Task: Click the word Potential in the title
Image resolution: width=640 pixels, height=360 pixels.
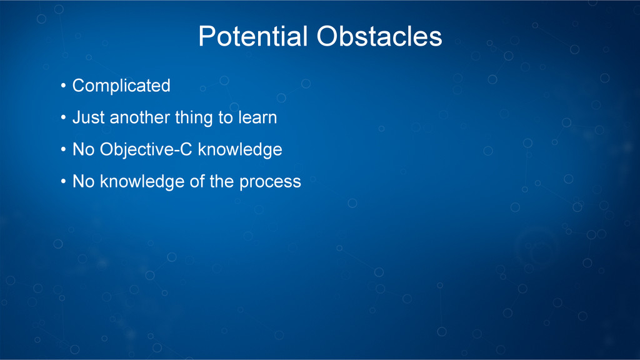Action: (x=252, y=36)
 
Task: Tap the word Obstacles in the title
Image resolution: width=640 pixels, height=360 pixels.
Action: (x=379, y=36)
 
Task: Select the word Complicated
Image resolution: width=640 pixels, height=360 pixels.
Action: (x=121, y=86)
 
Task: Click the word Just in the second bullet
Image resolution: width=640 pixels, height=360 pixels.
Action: (x=89, y=117)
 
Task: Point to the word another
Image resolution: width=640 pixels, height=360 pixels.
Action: (x=139, y=117)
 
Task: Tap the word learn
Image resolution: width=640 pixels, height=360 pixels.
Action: (x=257, y=117)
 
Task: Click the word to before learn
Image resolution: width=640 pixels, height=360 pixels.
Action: (x=226, y=118)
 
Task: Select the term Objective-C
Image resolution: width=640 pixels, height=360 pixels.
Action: (x=146, y=150)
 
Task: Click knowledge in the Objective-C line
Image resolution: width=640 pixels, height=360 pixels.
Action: (x=240, y=150)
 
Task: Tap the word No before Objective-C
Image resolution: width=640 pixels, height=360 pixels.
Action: (x=83, y=149)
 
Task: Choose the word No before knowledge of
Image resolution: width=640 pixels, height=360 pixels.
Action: (x=83, y=182)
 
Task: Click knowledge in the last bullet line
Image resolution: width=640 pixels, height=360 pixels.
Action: (x=142, y=182)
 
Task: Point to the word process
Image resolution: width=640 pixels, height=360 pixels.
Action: (x=270, y=182)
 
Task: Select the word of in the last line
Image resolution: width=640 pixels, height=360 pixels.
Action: (x=197, y=181)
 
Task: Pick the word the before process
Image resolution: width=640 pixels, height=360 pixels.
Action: (x=222, y=181)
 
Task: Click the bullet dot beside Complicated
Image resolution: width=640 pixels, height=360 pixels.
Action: (x=63, y=86)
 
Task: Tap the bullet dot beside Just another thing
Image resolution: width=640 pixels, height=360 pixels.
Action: (x=63, y=117)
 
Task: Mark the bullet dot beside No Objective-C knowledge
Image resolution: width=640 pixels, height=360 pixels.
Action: (x=63, y=149)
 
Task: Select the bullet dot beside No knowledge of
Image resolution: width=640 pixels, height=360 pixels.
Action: (x=63, y=181)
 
